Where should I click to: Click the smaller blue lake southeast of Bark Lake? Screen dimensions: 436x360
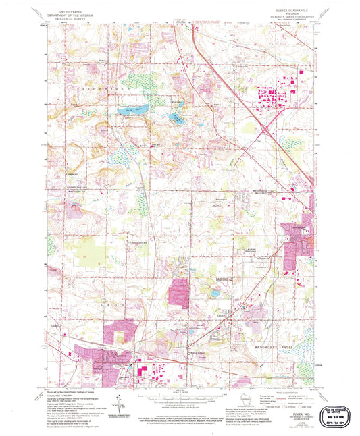tap(175, 117)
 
